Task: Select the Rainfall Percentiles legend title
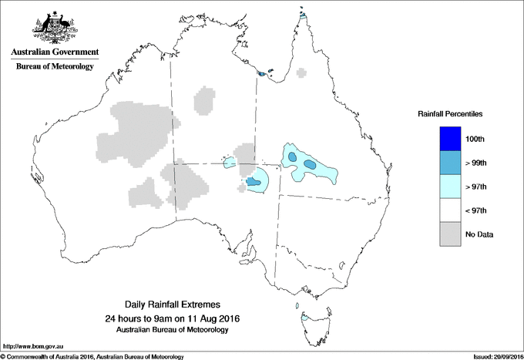click(450, 113)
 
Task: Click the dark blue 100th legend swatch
click(449, 138)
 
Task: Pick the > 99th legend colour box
click(449, 162)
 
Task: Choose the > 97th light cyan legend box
click(449, 186)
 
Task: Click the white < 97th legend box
click(449, 210)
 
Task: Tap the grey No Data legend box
click(449, 234)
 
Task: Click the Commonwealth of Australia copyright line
click(92, 356)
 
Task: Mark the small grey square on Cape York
click(301, 74)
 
